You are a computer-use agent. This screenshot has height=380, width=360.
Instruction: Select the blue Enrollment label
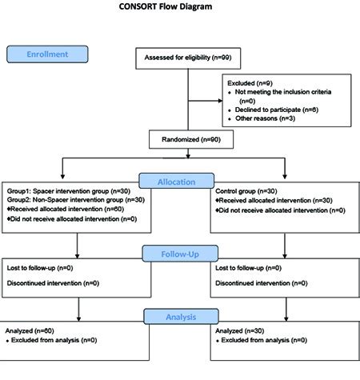tap(49, 54)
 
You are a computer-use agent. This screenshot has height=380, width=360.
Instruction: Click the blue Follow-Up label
tap(180, 254)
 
